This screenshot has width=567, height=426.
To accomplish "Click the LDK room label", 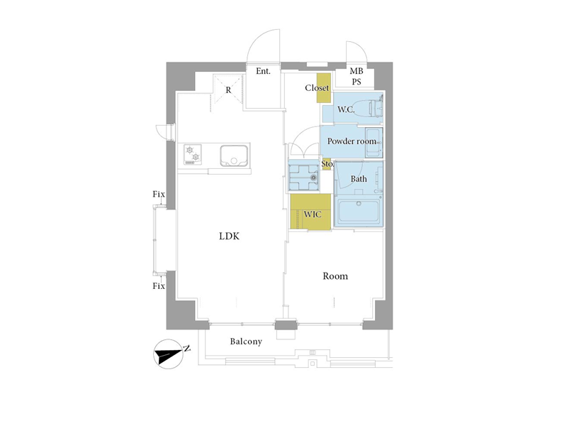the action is pyautogui.click(x=229, y=236).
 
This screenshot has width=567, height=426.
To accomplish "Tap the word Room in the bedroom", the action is pyautogui.click(x=335, y=276).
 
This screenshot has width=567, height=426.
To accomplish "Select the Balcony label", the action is pyautogui.click(x=246, y=342).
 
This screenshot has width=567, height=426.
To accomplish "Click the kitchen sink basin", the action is pyautogui.click(x=234, y=155).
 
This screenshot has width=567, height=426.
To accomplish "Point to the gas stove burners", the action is pyautogui.click(x=193, y=154).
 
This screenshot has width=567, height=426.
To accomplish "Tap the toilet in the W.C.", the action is pyautogui.click(x=376, y=108).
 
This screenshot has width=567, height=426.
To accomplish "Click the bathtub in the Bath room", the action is pyautogui.click(x=359, y=212).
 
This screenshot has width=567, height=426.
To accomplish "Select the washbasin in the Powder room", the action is pyautogui.click(x=374, y=143).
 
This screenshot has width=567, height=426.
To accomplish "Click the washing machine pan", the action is pyautogui.click(x=303, y=175).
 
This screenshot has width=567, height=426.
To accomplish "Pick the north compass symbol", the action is pyautogui.click(x=169, y=354).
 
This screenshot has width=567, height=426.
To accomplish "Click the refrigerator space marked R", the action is pyautogui.click(x=228, y=90).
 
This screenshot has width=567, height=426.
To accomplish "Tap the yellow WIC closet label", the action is pyautogui.click(x=313, y=214).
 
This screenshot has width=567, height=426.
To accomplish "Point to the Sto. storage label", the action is pyautogui.click(x=327, y=164).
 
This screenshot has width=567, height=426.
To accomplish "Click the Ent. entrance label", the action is pyautogui.click(x=263, y=71).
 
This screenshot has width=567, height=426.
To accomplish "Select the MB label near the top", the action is pyautogui.click(x=357, y=71).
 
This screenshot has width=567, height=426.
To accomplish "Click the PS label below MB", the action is pyautogui.click(x=357, y=82).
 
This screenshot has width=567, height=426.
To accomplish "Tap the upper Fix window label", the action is pyautogui.click(x=159, y=194).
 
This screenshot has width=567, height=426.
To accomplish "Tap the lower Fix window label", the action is pyautogui.click(x=159, y=286).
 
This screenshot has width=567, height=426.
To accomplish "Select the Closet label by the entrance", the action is pyautogui.click(x=317, y=88).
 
